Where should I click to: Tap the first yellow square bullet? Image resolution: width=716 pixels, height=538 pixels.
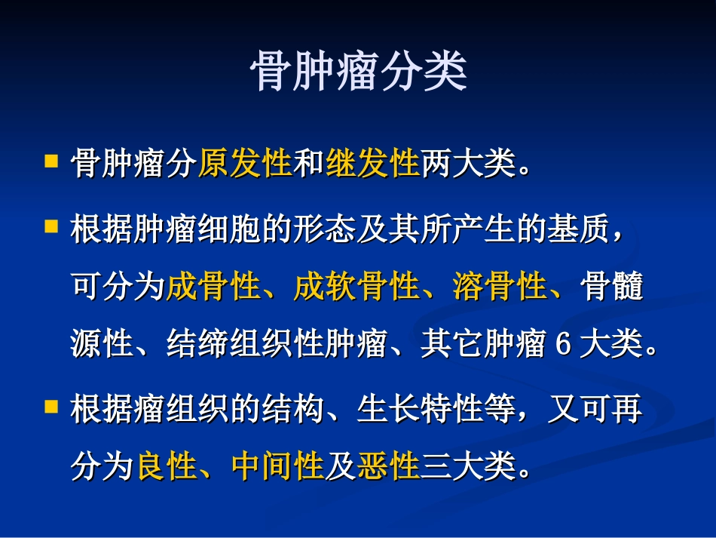(x=51, y=161)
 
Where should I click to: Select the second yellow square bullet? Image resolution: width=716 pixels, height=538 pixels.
(x=51, y=226)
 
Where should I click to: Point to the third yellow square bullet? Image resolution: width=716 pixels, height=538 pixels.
(x=51, y=407)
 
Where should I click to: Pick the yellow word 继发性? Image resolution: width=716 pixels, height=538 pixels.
(x=372, y=163)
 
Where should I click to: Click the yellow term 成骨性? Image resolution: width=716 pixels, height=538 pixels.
(x=213, y=287)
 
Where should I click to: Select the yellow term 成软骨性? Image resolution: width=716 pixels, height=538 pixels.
(x=356, y=287)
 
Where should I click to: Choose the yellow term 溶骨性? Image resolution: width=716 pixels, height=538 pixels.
(x=500, y=287)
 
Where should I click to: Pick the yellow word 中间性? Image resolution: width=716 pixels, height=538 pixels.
(x=277, y=467)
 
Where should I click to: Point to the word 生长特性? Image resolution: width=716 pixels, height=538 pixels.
(x=419, y=412)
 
